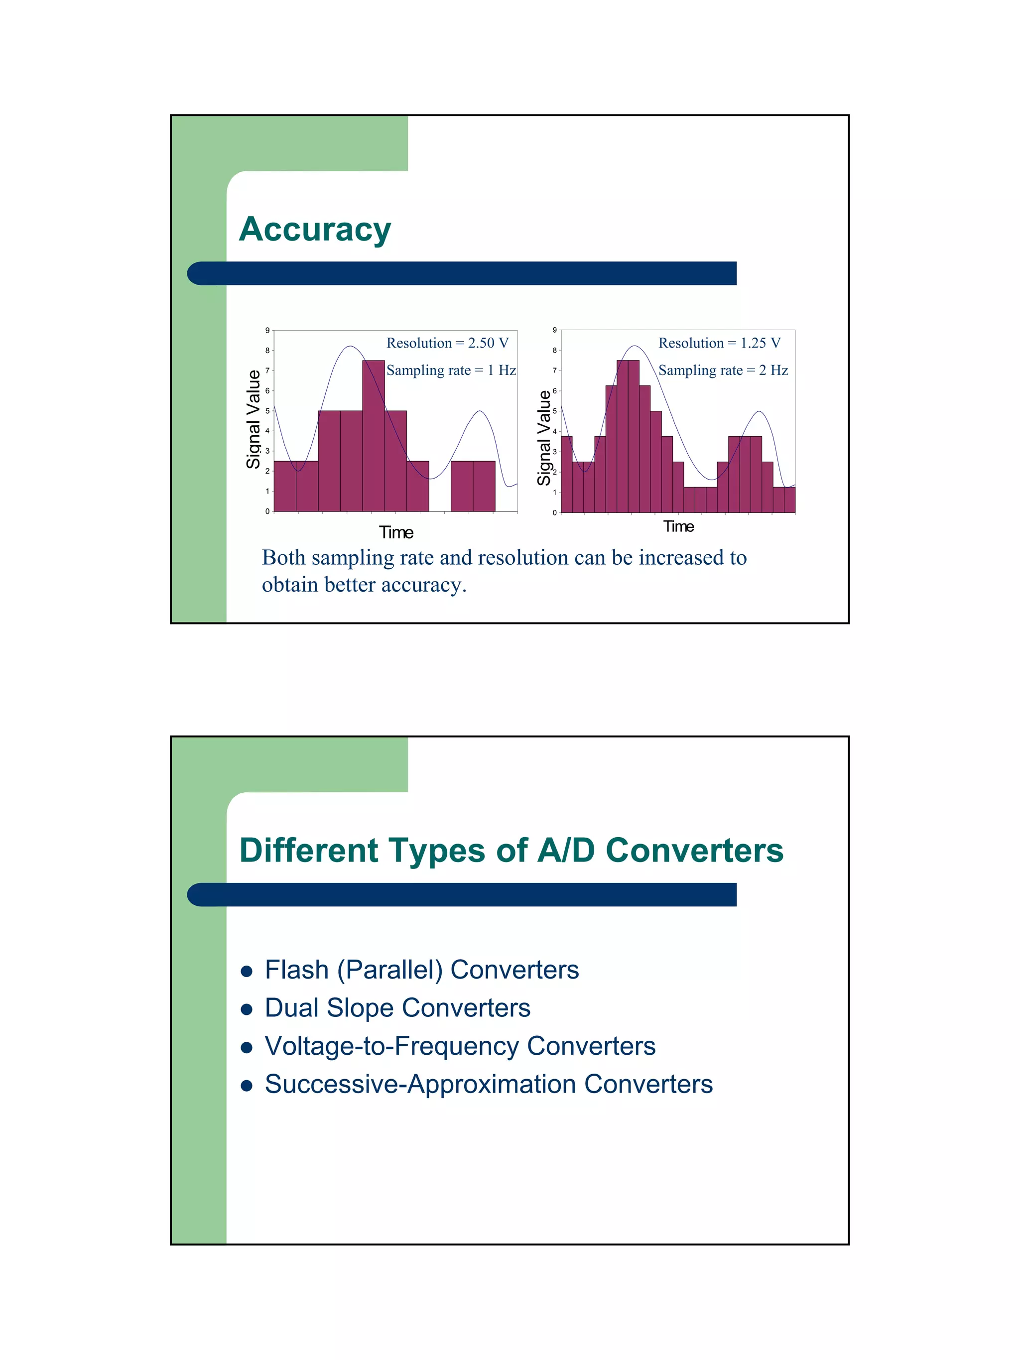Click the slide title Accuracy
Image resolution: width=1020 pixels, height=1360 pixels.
pos(314,230)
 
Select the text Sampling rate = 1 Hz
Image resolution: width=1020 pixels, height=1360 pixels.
pos(451,370)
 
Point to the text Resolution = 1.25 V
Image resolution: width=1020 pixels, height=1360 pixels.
pos(719,343)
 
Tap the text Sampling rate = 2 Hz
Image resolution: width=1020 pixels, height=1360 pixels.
pos(723,370)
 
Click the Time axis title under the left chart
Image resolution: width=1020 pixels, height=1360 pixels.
pos(396,532)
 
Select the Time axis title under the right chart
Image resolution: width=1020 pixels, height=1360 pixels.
pos(678,526)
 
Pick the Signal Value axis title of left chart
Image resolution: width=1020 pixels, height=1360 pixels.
pos(253,419)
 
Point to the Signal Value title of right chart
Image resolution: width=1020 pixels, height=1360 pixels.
pos(543,437)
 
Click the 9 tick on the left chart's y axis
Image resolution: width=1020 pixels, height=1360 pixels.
pos(267,330)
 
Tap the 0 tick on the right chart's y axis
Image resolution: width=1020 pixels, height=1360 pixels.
pos(554,512)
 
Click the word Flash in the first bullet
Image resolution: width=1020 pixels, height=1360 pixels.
pos(296,971)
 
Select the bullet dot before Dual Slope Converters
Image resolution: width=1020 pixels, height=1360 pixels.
pos(247,1009)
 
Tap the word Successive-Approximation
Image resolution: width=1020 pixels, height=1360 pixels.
pos(420,1085)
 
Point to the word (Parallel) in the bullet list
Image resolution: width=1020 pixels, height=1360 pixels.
pos(390,971)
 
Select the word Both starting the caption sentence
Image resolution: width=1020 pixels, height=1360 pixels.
pos(283,558)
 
